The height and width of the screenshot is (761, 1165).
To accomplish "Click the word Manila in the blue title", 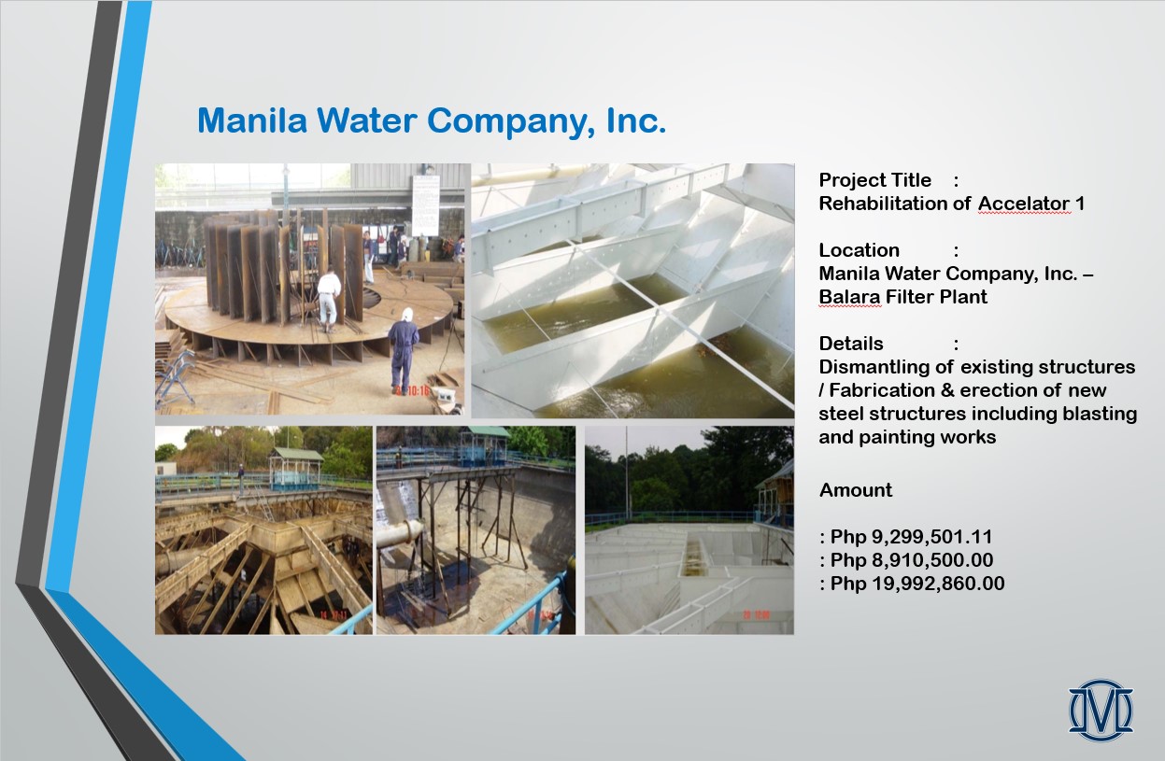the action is coord(252,120).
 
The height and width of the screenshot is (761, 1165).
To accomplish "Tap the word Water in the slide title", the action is coord(366,120).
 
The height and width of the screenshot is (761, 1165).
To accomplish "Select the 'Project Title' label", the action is coord(874,180).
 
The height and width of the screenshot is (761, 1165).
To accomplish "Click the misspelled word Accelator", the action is coord(1024,204).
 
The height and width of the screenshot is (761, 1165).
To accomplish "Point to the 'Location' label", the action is coord(860,250).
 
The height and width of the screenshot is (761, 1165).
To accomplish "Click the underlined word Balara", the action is coord(850,297).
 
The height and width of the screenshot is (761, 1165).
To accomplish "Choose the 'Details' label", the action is coord(851,344).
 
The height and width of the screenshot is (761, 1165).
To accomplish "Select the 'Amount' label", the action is coord(856,489).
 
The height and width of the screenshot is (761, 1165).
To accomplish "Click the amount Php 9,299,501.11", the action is coord(911,537).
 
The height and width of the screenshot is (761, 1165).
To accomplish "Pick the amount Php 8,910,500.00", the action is coord(912,560).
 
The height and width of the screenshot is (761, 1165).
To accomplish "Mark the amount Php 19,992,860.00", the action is coord(917,584).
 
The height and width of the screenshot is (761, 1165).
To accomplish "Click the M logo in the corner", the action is coord(1101,710).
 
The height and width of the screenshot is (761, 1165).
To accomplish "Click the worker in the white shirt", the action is coord(329,299).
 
